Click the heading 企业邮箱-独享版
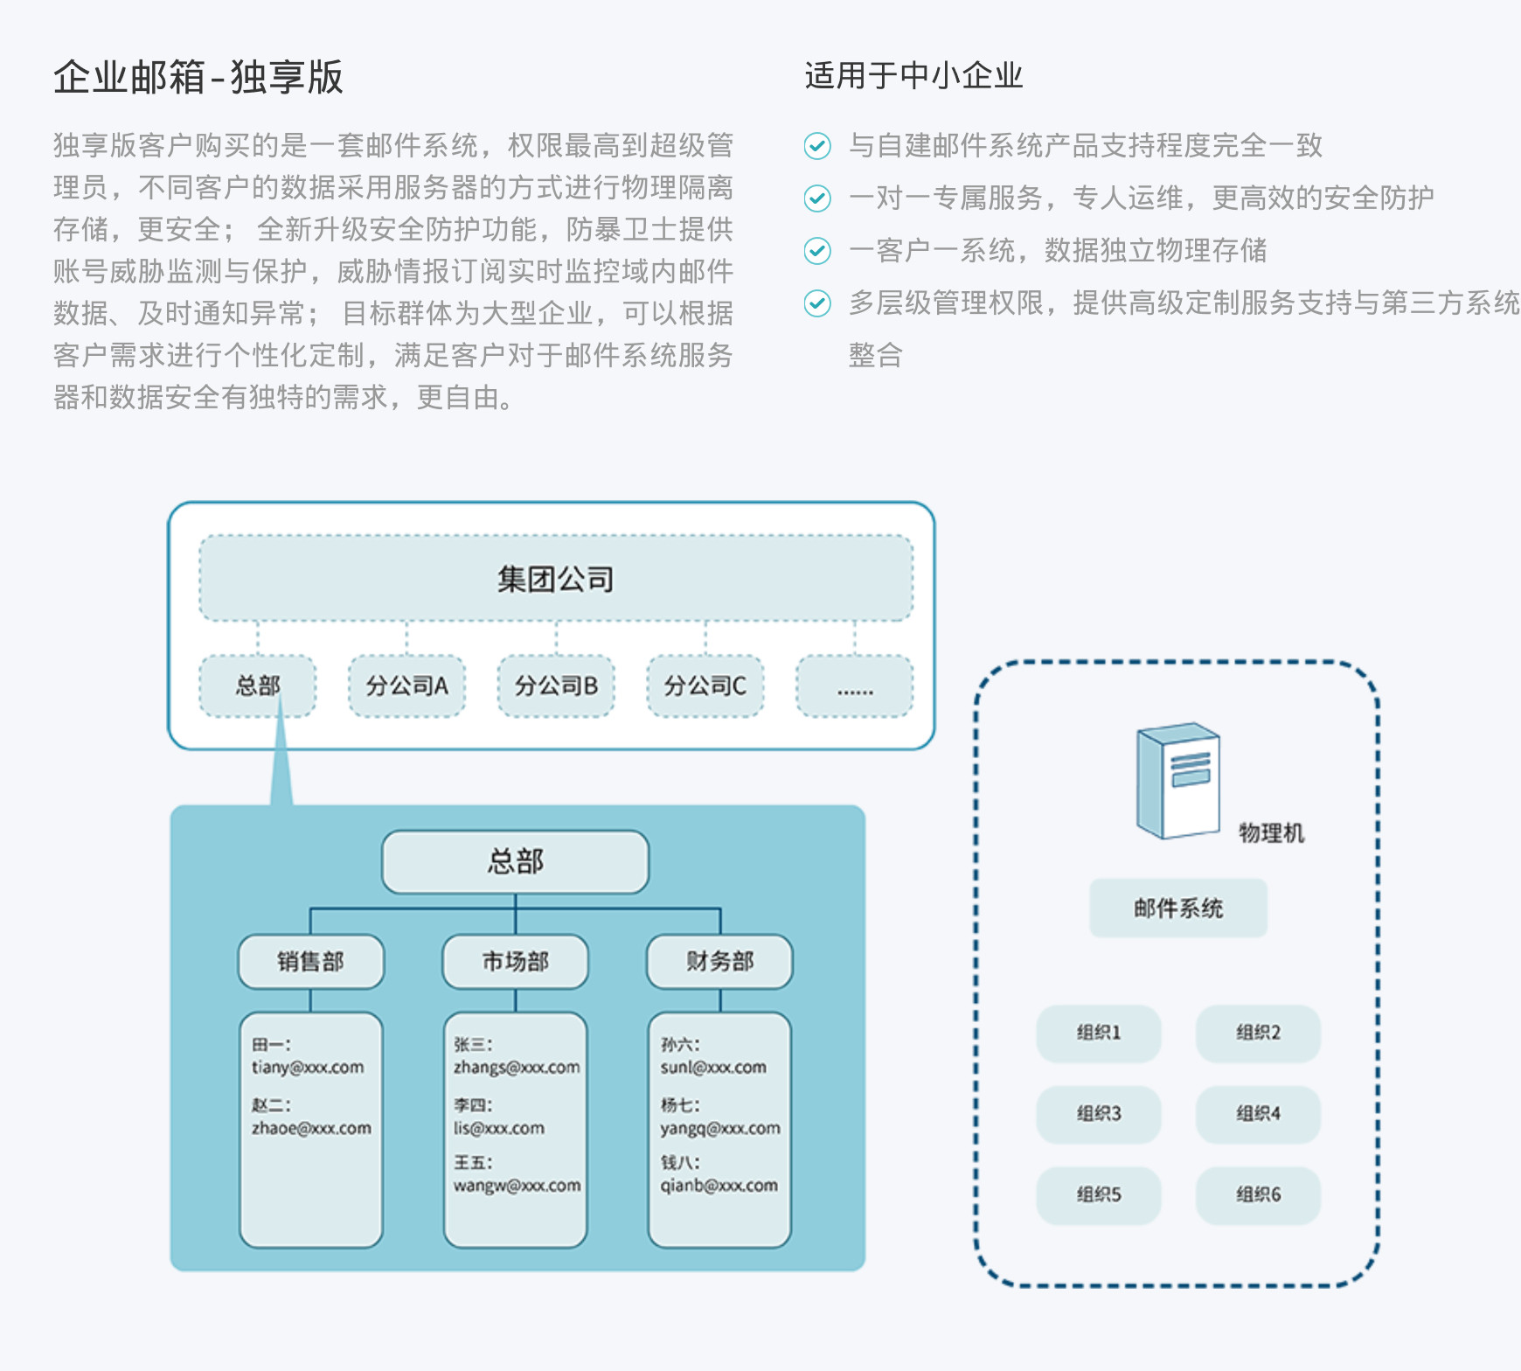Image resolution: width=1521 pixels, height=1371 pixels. point(198,77)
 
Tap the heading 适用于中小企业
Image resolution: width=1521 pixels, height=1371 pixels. point(913,76)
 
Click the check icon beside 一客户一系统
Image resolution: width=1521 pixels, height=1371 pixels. point(817,251)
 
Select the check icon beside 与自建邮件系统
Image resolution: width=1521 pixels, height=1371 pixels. point(817,145)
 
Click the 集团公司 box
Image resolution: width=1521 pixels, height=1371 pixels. point(556,578)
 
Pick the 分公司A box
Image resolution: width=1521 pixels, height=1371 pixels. point(406,686)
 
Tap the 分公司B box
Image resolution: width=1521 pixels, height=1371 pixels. point(556,686)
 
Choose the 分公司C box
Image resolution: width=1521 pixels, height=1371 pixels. point(705,686)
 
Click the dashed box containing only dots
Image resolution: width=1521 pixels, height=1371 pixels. point(854,686)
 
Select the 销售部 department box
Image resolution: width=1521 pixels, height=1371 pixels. point(310,962)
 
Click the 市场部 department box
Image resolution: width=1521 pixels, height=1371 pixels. point(515,962)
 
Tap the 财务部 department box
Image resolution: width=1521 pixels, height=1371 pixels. point(719,962)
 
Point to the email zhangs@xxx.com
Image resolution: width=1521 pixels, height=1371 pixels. point(516,1068)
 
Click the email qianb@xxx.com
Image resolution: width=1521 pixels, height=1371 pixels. point(719,1186)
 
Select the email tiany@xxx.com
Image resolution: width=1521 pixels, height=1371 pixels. point(308,1068)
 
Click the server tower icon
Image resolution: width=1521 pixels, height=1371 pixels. point(1177,780)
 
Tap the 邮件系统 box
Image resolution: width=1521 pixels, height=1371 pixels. point(1177,908)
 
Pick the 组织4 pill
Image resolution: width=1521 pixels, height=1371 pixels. point(1258,1114)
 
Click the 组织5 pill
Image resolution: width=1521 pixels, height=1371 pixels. point(1098,1194)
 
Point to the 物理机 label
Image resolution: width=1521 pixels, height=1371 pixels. point(1271,833)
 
